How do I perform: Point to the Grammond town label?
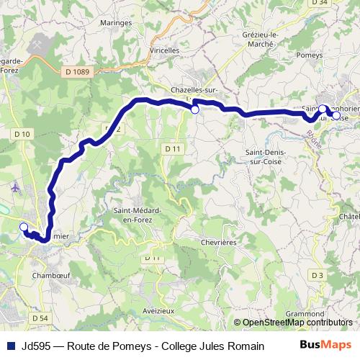pos(305,313)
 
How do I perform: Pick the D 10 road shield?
pos(22,135)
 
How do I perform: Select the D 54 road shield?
pos(40,318)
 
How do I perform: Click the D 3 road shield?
pos(317,275)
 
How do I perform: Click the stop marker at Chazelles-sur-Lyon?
pos(194,109)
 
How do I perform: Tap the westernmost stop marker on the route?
pos(23,228)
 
